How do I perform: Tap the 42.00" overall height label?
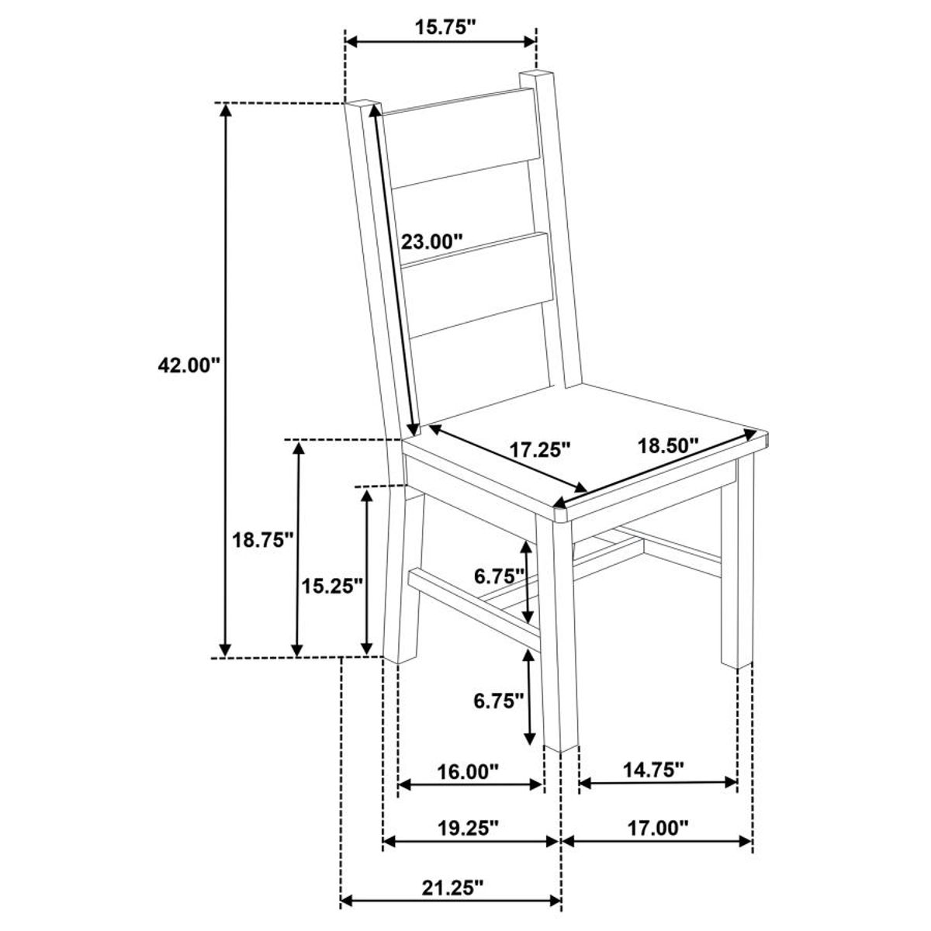(189, 365)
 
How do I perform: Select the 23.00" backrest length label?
(432, 241)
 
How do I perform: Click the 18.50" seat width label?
(668, 445)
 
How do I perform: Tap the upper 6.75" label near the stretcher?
(500, 576)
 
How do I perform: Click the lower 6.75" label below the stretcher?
(500, 701)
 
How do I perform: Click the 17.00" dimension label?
(658, 828)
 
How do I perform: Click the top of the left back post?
(362, 104)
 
